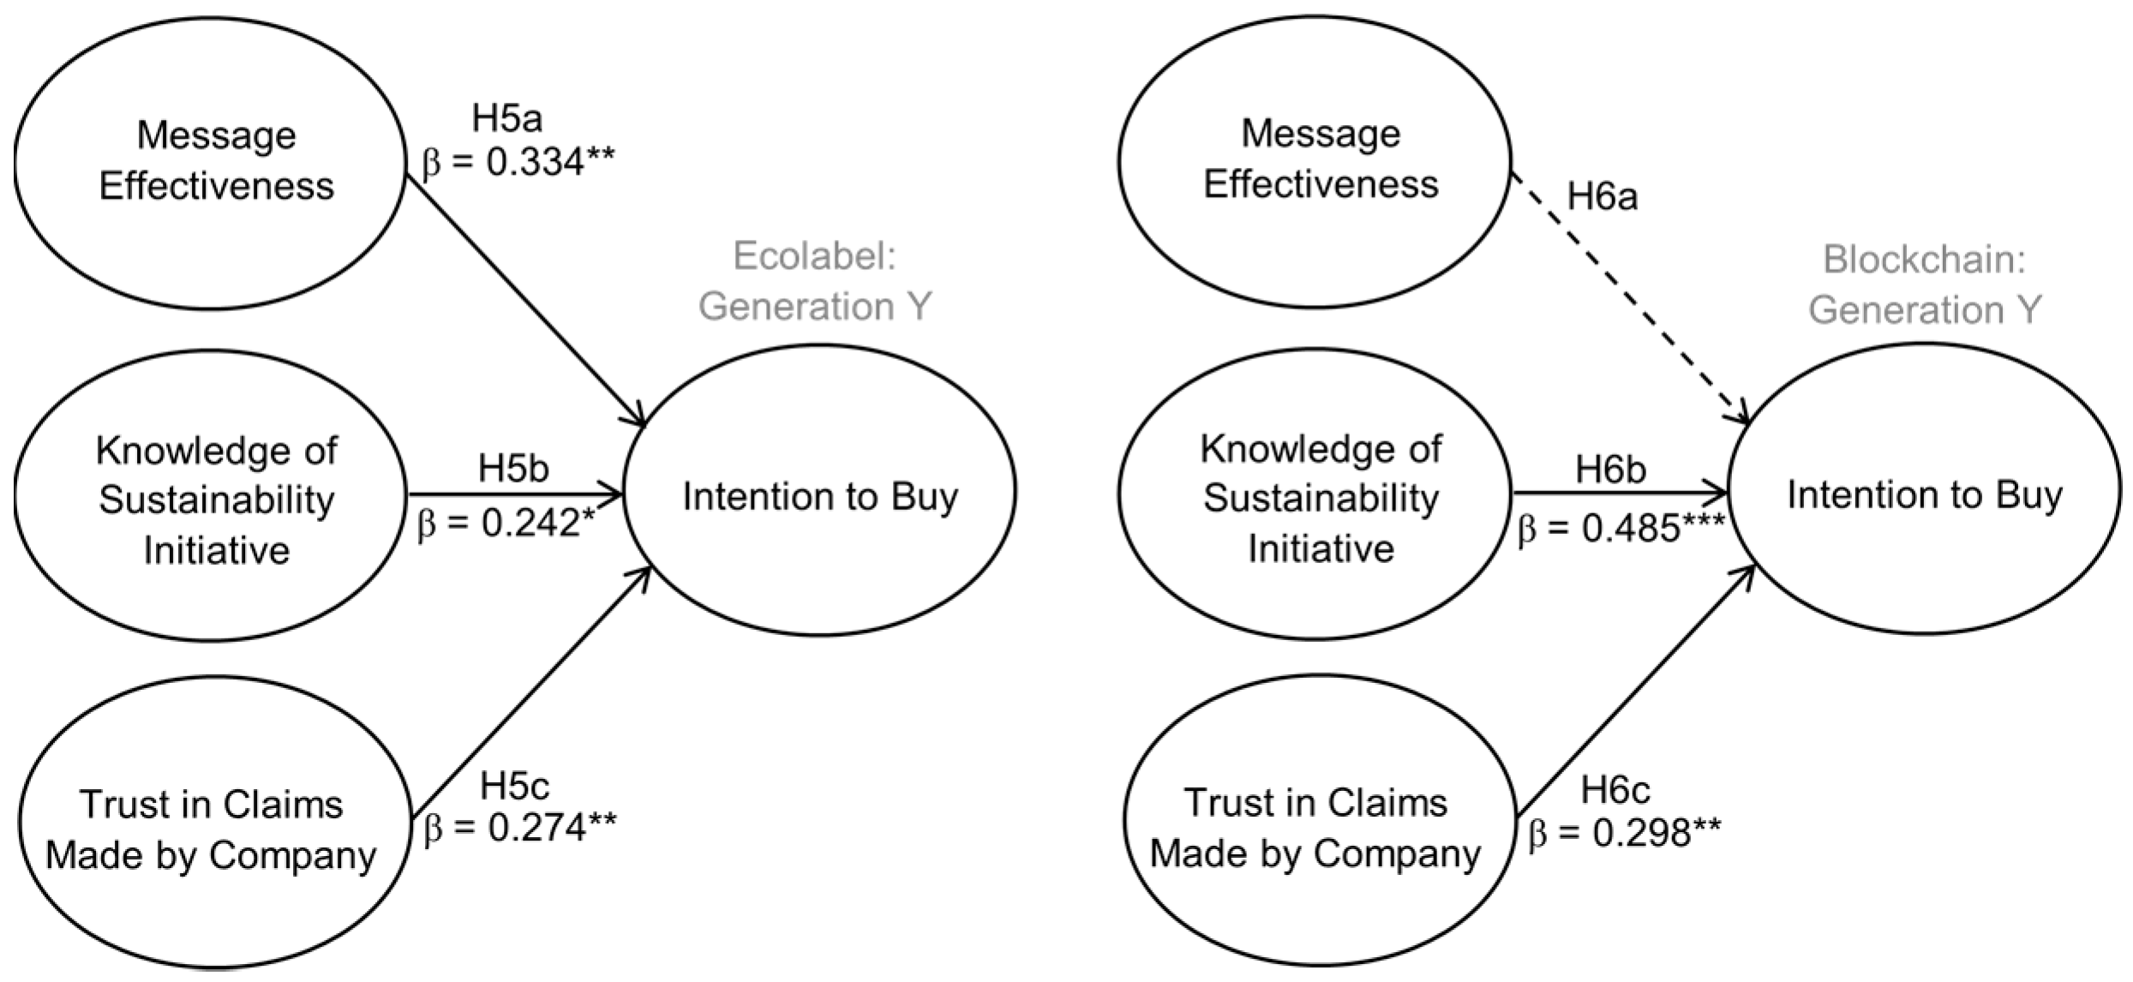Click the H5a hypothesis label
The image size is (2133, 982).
click(x=507, y=119)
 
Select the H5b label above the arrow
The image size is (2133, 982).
click(x=512, y=469)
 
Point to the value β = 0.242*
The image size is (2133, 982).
click(x=506, y=524)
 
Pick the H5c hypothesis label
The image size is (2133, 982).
click(x=514, y=786)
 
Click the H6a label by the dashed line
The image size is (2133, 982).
click(x=1602, y=197)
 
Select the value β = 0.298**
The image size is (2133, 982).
click(x=1624, y=833)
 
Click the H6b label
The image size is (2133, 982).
click(x=1610, y=470)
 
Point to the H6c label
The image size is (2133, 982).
click(x=1615, y=790)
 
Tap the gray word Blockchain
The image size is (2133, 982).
click(x=1924, y=259)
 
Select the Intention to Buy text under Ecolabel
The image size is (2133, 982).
click(x=820, y=496)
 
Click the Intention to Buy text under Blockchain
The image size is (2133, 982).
click(x=1924, y=494)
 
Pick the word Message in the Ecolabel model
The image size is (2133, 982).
click(x=216, y=135)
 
